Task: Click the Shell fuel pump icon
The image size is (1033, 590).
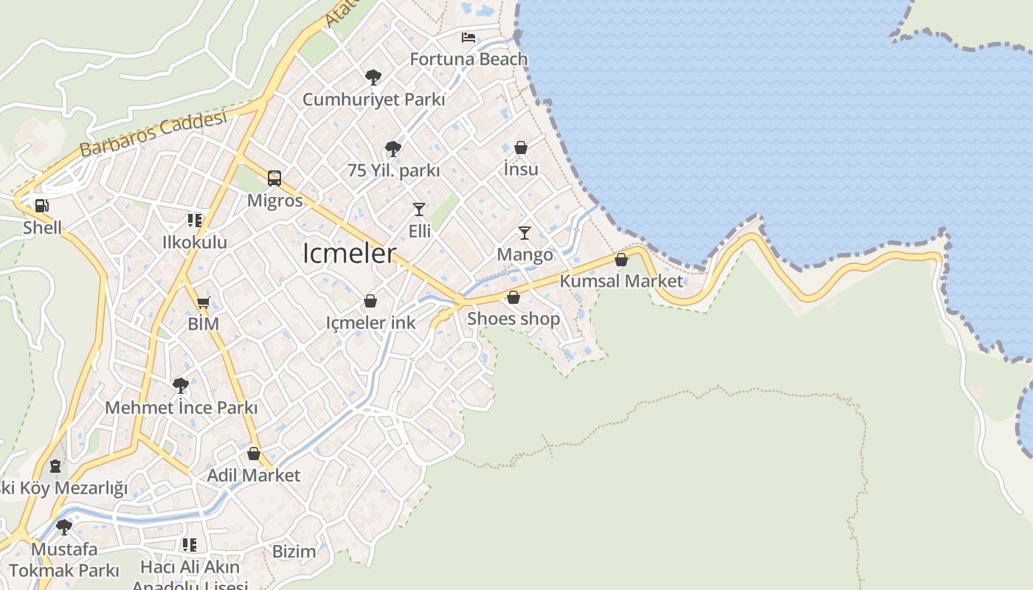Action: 42,206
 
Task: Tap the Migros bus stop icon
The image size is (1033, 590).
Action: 274,178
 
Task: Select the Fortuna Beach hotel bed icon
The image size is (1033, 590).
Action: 469,37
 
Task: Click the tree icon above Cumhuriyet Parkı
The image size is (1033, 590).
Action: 373,77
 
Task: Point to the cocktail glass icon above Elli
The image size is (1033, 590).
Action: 419,209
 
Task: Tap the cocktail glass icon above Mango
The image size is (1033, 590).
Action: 525,233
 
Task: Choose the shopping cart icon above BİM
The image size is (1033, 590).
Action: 204,302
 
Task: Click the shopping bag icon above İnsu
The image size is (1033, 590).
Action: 521,147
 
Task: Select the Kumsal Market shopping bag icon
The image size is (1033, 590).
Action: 621,260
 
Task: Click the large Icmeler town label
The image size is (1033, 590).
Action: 349,254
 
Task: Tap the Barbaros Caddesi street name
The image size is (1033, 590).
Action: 153,134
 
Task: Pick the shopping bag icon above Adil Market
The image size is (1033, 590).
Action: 254,454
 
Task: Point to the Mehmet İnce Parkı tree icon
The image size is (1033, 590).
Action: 181,385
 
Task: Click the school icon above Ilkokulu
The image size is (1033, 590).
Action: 195,220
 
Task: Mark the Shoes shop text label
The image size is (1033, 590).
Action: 514,319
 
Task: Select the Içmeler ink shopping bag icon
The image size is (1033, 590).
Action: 370,301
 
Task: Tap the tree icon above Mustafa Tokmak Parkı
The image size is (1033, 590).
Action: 64,527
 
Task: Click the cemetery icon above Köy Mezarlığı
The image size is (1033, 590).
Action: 55,466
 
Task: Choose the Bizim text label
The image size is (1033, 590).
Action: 294,551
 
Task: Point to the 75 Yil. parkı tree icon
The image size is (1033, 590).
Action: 393,149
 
